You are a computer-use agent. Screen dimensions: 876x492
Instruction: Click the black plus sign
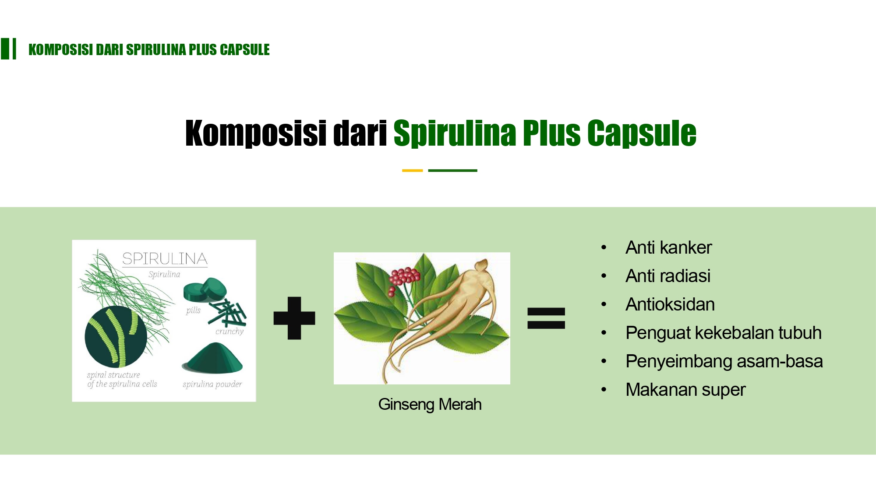(x=294, y=318)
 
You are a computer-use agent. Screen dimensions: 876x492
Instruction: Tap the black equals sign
(x=546, y=318)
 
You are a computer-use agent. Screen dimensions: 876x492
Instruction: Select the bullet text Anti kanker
(x=668, y=248)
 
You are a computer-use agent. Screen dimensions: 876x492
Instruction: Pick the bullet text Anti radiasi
(x=668, y=276)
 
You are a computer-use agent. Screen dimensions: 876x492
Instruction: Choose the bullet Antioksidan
(x=670, y=304)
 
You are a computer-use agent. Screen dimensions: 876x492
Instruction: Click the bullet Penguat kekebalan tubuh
(x=724, y=333)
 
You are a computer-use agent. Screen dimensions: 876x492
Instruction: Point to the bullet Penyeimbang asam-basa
(x=724, y=361)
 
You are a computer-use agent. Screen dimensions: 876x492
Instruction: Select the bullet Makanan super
(x=685, y=390)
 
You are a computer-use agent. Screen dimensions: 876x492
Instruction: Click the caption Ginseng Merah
(x=430, y=405)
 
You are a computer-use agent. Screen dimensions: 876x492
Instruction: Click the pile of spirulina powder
(x=213, y=358)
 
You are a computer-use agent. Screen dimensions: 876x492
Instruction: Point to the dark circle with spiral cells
(x=116, y=337)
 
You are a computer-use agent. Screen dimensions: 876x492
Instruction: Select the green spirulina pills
(x=205, y=290)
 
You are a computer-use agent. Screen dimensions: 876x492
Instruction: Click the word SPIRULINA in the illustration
(x=165, y=259)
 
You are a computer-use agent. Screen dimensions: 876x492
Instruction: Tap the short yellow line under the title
(x=412, y=171)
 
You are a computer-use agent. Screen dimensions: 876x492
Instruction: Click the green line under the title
(x=452, y=171)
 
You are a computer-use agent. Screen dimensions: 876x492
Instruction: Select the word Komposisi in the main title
(x=256, y=133)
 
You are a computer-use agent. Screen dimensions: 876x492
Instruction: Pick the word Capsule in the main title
(x=642, y=133)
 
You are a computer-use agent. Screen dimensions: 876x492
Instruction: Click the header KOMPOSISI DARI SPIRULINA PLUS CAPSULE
(x=149, y=49)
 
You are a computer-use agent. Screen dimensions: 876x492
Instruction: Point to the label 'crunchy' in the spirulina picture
(x=230, y=331)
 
